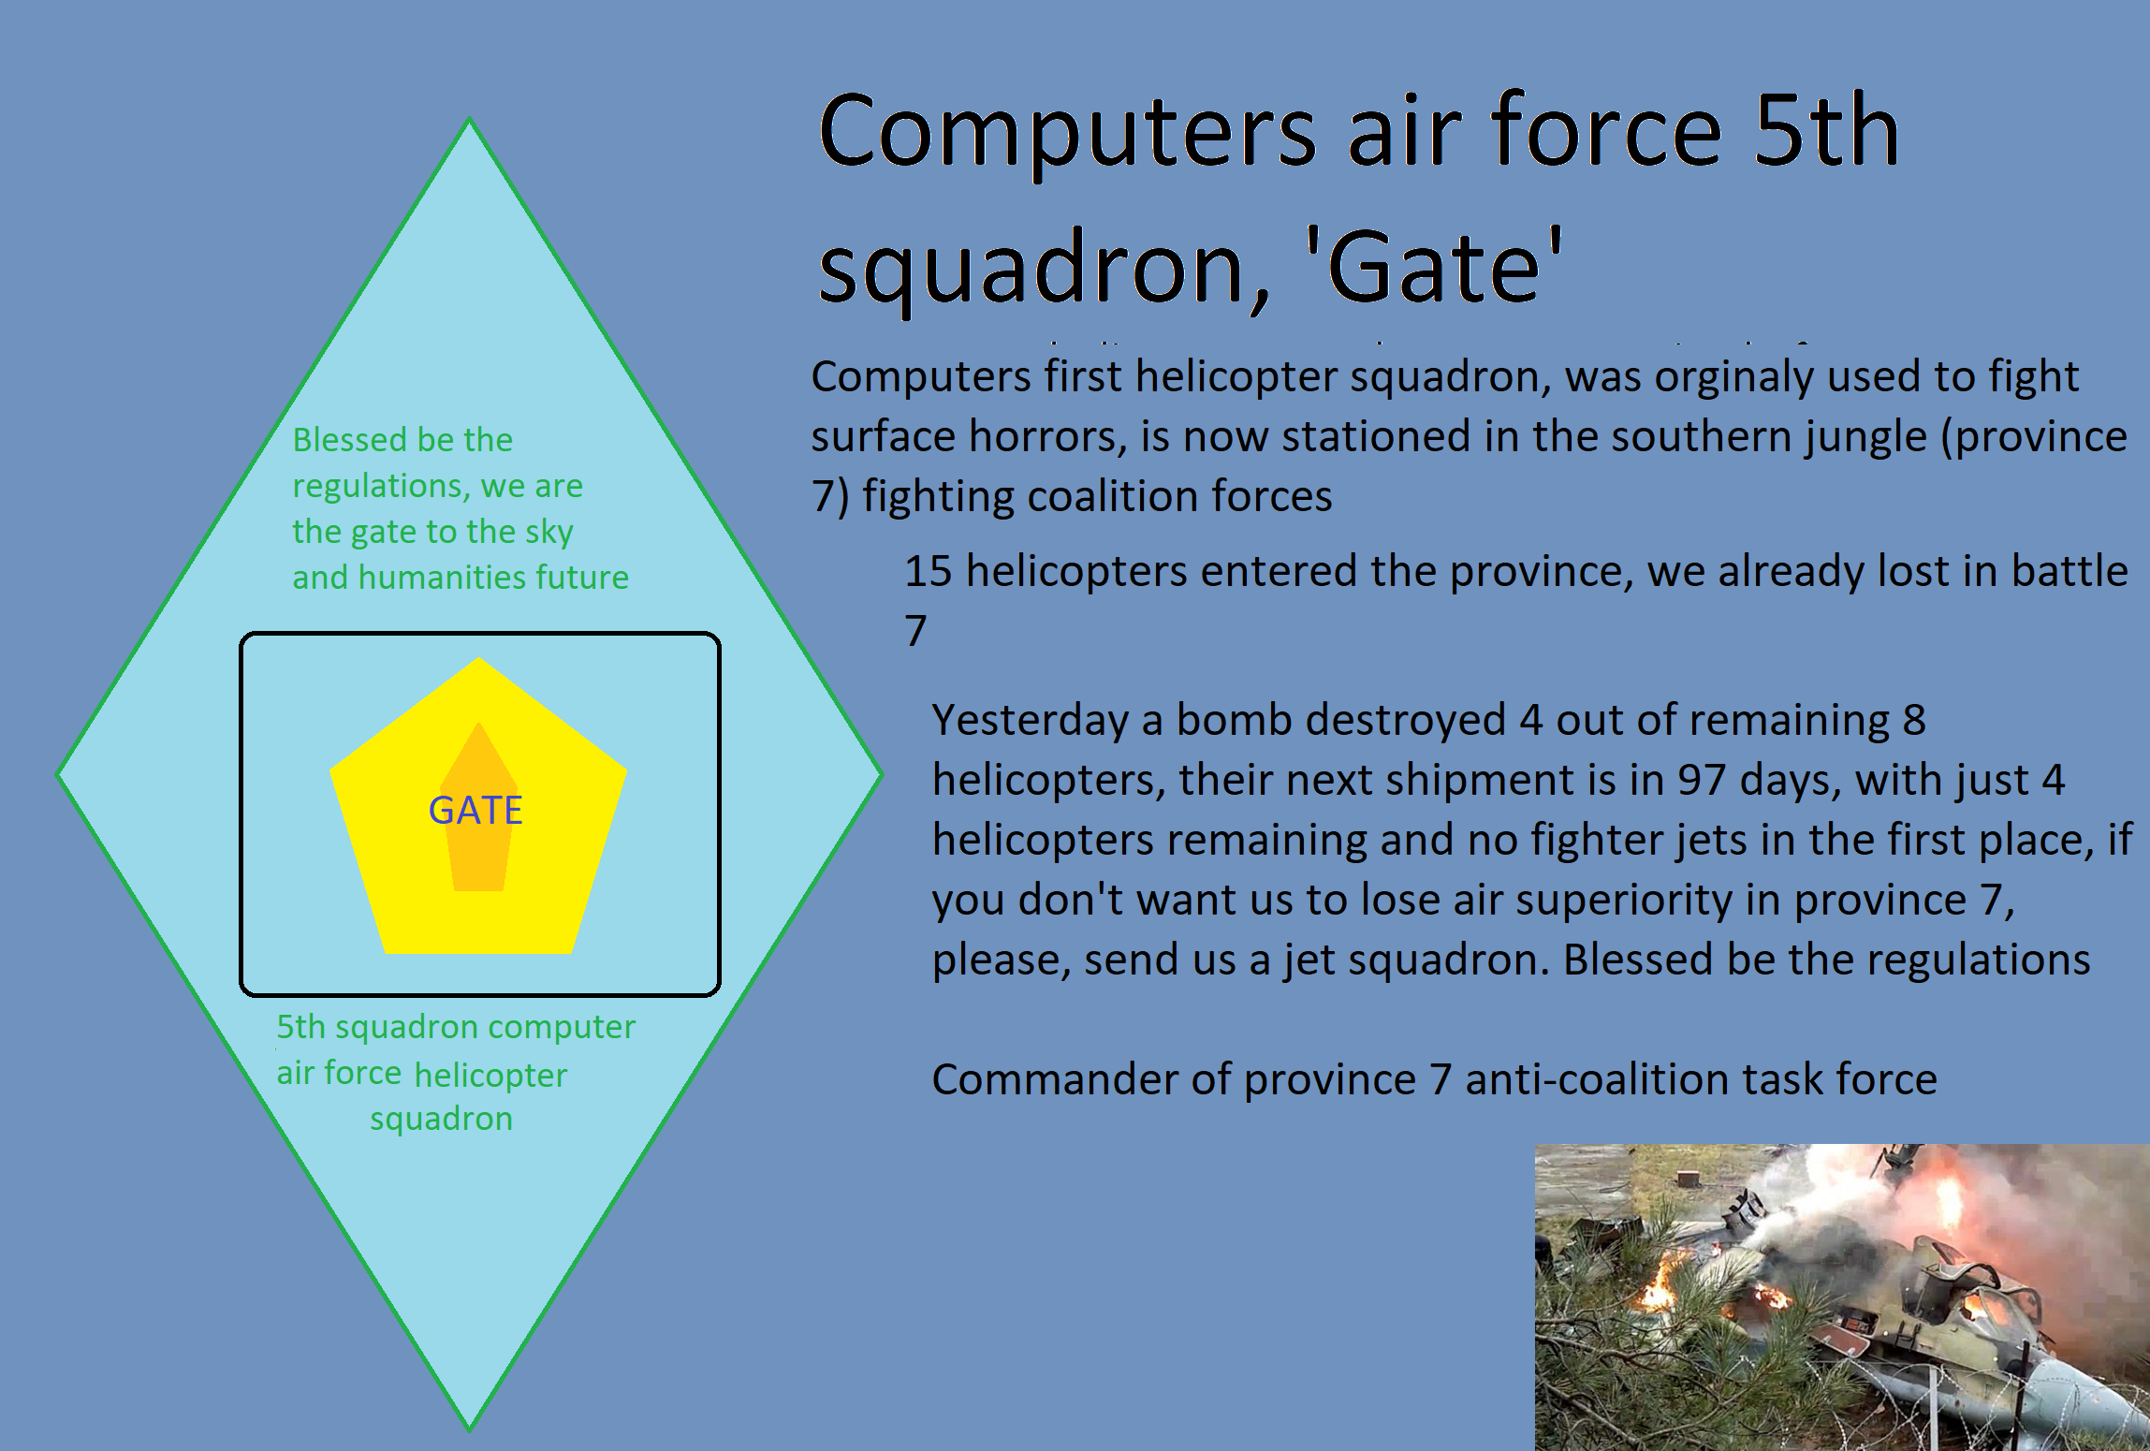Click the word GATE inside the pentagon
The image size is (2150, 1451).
point(475,811)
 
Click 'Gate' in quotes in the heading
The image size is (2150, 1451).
point(1432,268)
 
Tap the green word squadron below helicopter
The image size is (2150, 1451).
point(441,1120)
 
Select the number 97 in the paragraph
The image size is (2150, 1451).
point(1701,780)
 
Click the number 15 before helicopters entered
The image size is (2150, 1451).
point(928,571)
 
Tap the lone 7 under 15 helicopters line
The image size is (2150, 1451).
point(915,631)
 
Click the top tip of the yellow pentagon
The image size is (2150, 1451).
point(479,659)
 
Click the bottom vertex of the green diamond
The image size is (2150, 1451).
point(470,1428)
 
